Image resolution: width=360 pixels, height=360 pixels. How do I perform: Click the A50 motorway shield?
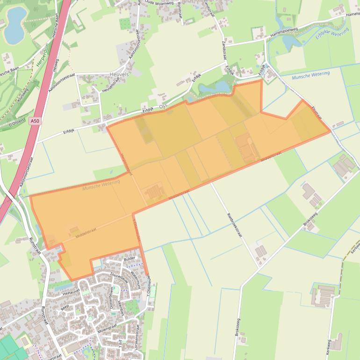coord(34,121)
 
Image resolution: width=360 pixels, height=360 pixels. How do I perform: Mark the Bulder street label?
coord(130,258)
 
